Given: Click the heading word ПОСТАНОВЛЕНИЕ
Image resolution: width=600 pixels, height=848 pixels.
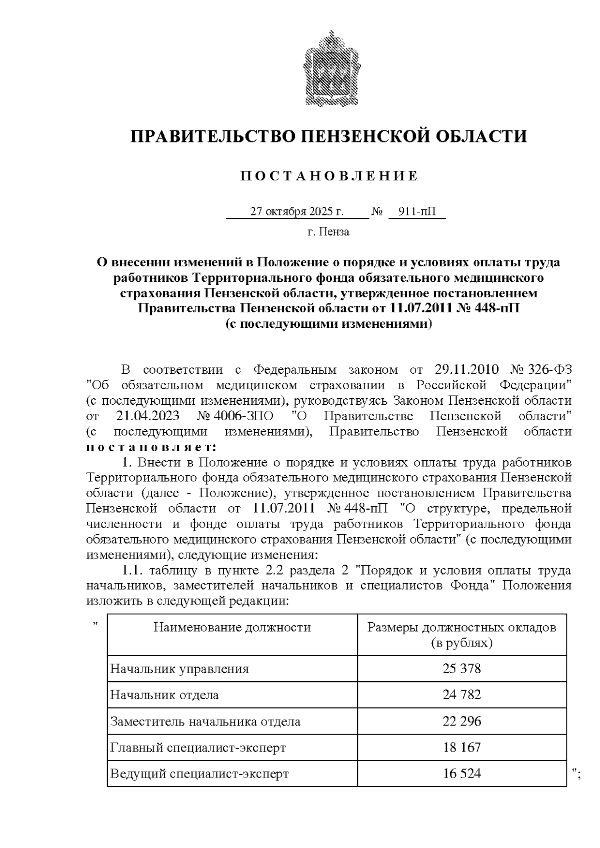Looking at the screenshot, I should point(329,176).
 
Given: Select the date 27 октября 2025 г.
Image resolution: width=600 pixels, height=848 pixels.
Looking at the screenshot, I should point(296,212).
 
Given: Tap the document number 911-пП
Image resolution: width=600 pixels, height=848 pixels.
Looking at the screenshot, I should point(416,212).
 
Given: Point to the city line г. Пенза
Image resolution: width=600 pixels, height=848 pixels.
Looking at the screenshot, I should point(328,232).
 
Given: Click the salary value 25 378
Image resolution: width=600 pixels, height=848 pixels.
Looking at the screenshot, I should point(461,669).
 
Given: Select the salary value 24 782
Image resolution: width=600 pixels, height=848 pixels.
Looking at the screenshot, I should point(461,695).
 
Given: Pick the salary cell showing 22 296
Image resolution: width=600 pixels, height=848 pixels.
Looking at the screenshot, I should point(461,721).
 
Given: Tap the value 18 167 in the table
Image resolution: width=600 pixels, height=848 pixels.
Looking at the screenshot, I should point(461,748).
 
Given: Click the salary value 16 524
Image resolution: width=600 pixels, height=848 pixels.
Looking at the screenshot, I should point(461,774).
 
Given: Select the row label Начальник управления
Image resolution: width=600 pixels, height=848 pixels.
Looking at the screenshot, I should point(179,669).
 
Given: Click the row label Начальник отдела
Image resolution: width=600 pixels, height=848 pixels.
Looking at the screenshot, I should point(164,695).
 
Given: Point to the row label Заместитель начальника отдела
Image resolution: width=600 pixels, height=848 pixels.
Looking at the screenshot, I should point(205,721).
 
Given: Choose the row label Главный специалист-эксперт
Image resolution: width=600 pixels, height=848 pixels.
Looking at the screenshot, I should point(198,748).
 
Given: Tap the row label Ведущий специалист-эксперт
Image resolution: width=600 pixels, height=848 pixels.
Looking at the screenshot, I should point(199,774).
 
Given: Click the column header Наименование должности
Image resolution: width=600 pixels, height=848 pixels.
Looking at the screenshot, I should point(232,627).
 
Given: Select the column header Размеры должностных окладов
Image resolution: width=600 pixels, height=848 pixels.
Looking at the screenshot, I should point(461,628).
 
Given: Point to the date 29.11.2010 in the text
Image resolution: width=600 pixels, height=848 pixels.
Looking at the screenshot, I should point(467,370).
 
